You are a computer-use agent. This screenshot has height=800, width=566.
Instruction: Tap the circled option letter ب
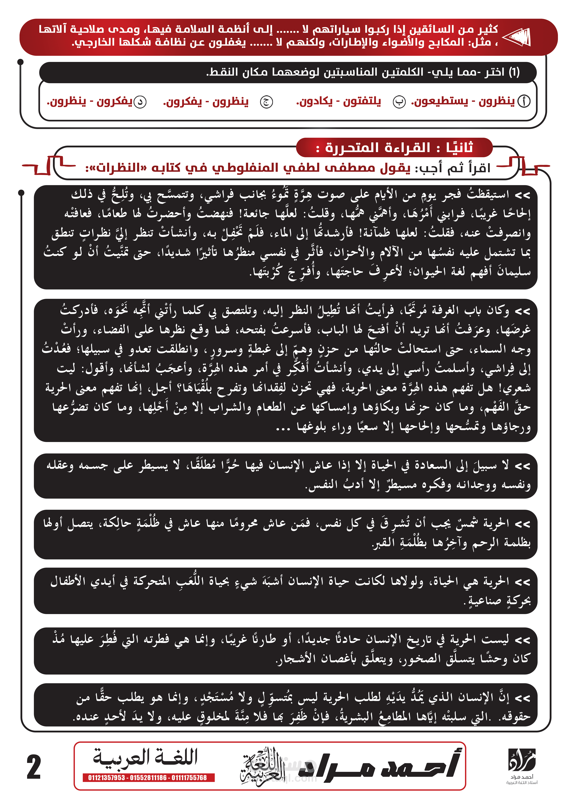(x=399, y=102)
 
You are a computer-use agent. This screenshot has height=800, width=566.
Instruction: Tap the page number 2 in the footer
(x=34, y=767)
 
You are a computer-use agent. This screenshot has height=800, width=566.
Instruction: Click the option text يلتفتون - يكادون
(x=339, y=101)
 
